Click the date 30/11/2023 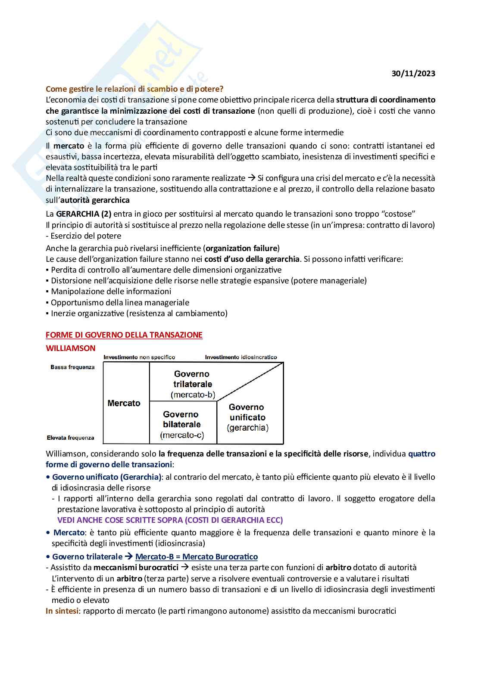pos(413,73)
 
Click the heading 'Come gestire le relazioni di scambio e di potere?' pos(134,89)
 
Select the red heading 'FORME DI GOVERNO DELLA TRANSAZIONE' pos(124,335)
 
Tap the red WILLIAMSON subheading pos(71,348)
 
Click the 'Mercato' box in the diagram pos(124,403)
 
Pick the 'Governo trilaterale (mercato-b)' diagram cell pos(192,384)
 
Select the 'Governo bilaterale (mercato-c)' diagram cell pos(181,425)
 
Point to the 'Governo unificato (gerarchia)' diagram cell pos(247,417)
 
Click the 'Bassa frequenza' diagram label pos(72,367)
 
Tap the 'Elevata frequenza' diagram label pos(71,438)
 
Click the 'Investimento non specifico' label pos(139,357)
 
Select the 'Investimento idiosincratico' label pos(241,357)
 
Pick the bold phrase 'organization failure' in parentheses pos(241,248)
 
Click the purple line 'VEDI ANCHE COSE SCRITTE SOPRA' pos(170,520)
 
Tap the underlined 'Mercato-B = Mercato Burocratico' pos(197,557)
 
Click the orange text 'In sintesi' pos(62,611)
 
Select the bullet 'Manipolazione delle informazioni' pos(111,292)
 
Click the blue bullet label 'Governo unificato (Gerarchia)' pos(106,477)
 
